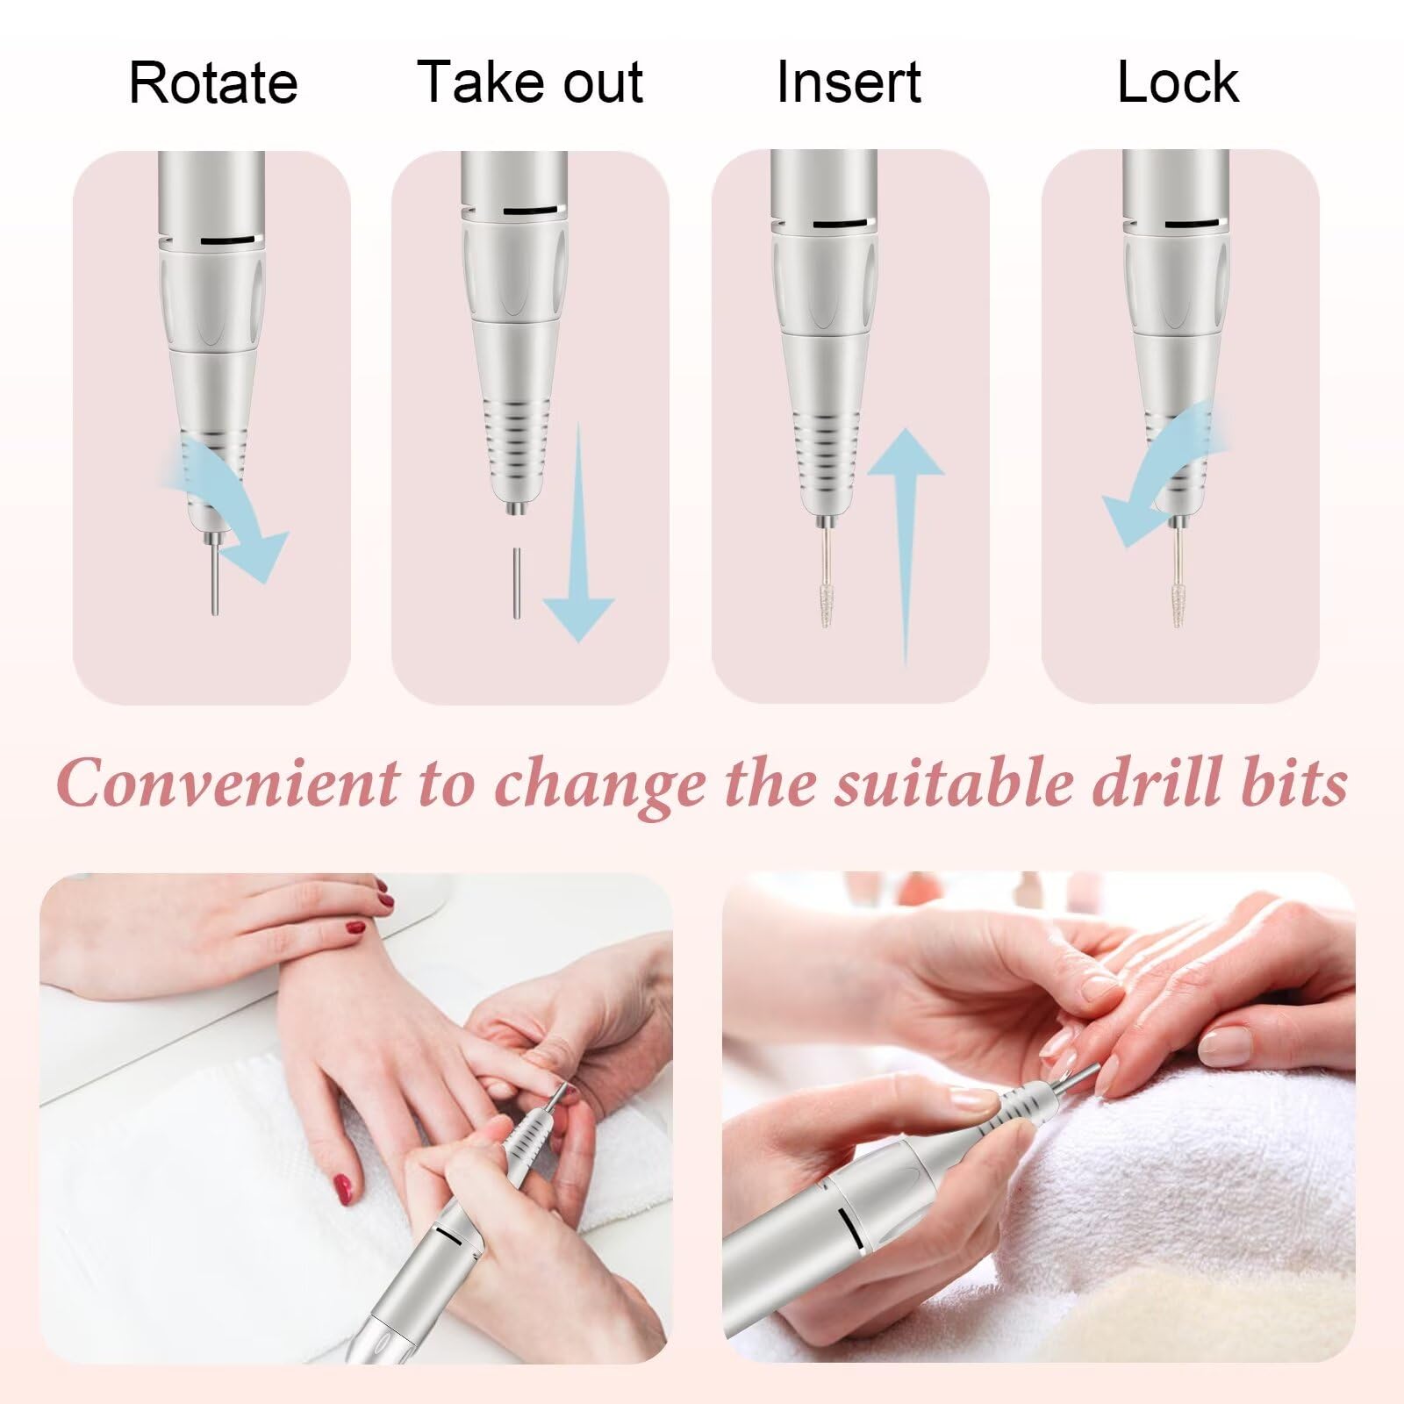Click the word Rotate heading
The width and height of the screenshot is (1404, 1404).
(213, 83)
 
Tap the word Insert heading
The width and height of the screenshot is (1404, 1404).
(849, 83)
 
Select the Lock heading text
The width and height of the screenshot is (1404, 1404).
(1178, 83)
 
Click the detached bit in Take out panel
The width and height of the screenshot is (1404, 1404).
(517, 584)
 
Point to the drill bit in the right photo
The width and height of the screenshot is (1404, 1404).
(1075, 1076)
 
